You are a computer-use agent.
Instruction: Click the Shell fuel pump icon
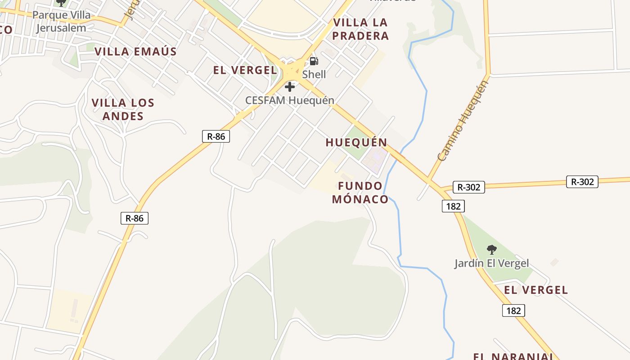pyautogui.click(x=314, y=61)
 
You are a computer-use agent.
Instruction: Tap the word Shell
pyautogui.click(x=314, y=74)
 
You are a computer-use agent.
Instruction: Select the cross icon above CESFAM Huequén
pyautogui.click(x=290, y=86)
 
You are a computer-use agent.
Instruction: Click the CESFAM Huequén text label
pyautogui.click(x=290, y=100)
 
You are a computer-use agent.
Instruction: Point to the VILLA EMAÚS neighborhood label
pyautogui.click(x=135, y=51)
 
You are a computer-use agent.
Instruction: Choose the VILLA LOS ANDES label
pyautogui.click(x=123, y=109)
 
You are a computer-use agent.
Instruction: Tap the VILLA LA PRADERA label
pyautogui.click(x=360, y=29)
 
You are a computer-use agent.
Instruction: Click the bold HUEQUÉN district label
pyautogui.click(x=356, y=143)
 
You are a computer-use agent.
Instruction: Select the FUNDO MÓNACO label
pyautogui.click(x=360, y=193)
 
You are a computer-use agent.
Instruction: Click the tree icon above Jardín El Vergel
pyautogui.click(x=492, y=249)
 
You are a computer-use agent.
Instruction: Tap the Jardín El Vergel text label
pyautogui.click(x=491, y=263)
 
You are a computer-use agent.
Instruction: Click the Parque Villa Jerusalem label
pyautogui.click(x=62, y=21)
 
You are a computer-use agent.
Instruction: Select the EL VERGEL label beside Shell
pyautogui.click(x=245, y=70)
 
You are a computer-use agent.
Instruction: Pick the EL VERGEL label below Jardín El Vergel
pyautogui.click(x=536, y=290)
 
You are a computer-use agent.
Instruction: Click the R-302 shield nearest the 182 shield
pyautogui.click(x=468, y=187)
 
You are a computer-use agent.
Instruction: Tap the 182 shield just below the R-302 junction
pyautogui.click(x=453, y=206)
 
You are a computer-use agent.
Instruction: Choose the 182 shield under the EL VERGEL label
pyautogui.click(x=513, y=310)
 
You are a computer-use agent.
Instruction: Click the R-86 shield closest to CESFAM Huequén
pyautogui.click(x=216, y=136)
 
